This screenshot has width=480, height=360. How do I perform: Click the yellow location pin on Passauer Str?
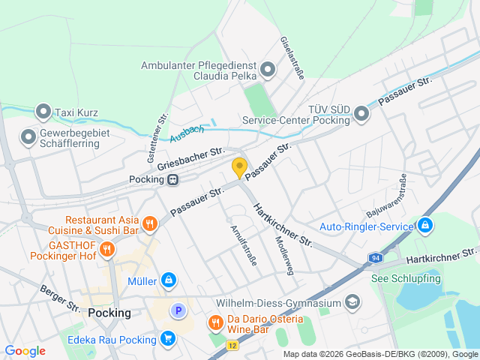click(239, 168)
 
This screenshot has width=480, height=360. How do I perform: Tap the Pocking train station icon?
click(173, 179)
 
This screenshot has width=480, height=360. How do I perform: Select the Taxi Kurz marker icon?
click(43, 112)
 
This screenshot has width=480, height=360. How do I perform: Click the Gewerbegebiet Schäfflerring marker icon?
click(28, 136)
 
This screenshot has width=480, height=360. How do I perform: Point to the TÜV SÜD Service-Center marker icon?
click(361, 114)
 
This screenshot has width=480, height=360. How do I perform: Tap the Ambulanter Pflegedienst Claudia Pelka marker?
click(268, 71)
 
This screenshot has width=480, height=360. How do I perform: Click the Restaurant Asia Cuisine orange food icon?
click(150, 223)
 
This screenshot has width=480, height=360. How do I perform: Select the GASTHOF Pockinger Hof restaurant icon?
click(107, 249)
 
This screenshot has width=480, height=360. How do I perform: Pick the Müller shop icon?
click(169, 280)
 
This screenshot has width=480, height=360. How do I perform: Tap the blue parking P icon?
click(178, 310)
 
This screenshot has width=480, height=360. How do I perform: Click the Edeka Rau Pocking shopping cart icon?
click(166, 338)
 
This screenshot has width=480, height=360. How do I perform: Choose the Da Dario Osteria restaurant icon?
click(215, 323)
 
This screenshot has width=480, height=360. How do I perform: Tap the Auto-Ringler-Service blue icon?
click(424, 225)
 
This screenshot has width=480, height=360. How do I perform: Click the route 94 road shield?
click(374, 258)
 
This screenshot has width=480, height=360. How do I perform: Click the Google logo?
click(25, 351)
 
